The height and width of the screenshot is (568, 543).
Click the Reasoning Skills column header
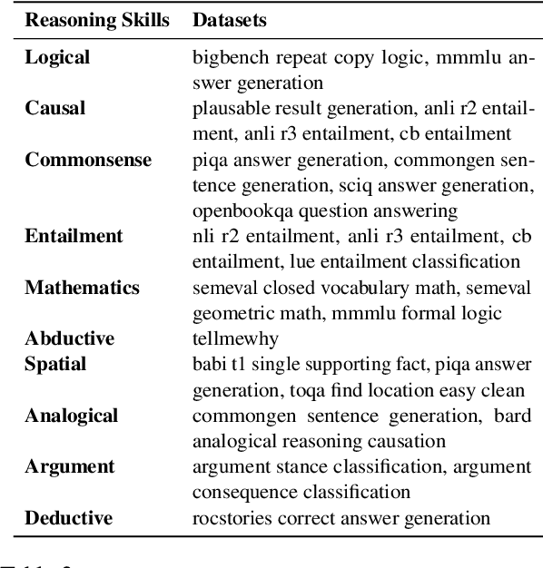tap(97, 19)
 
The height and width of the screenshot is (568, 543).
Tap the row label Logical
tap(57, 57)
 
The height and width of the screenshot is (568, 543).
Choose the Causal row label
tap(55, 109)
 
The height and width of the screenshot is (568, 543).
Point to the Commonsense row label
tap(88, 160)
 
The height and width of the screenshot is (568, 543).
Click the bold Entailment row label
tap(74, 236)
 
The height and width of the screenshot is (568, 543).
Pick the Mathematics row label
tap(82, 288)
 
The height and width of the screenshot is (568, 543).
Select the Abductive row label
tap(70, 338)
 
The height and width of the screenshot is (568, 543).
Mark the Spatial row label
tap(56, 365)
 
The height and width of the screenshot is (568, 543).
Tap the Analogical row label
tap(72, 416)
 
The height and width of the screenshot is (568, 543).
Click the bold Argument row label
tap(70, 466)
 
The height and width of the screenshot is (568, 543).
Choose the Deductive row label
tap(69, 518)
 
